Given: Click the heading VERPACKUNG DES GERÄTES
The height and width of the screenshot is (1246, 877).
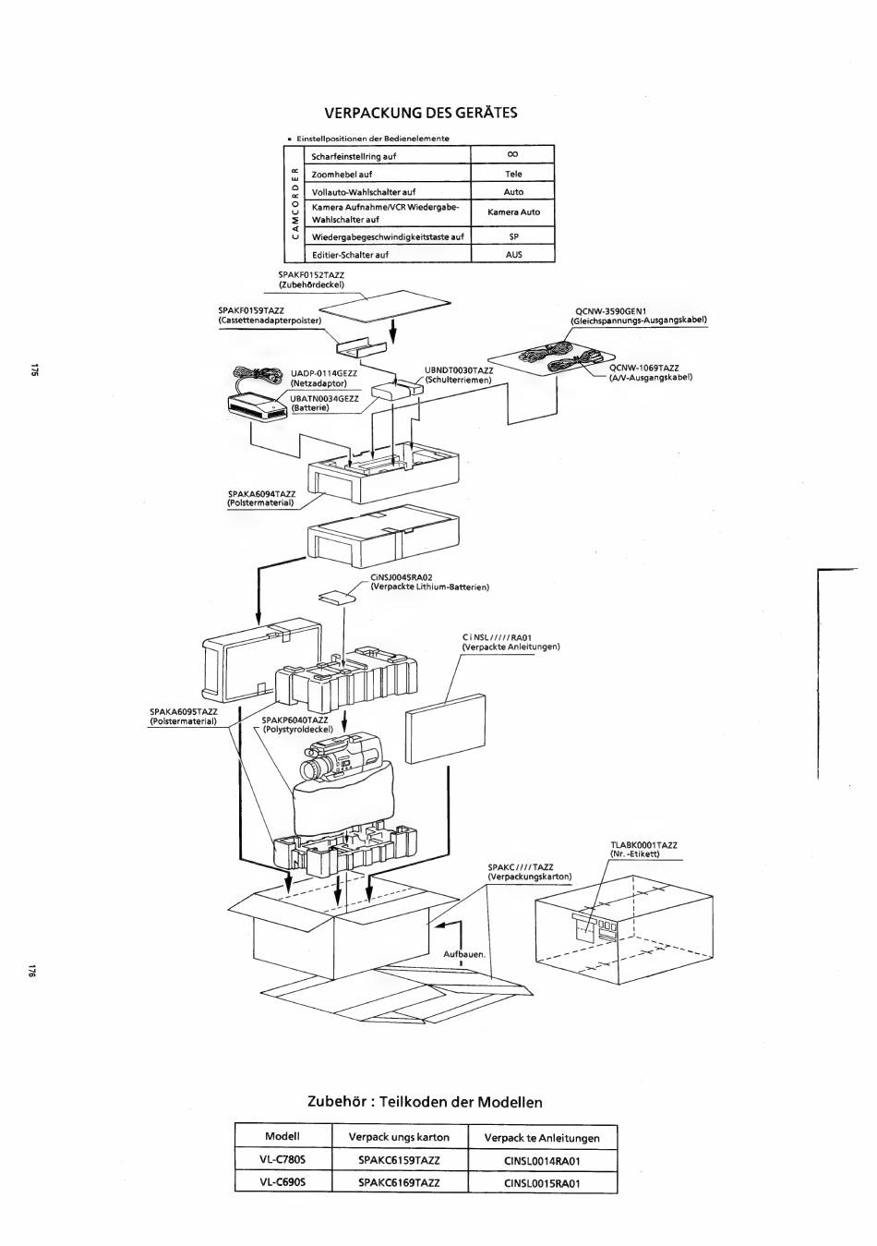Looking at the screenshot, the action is [421, 113].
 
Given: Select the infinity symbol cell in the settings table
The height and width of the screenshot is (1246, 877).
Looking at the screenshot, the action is [512, 154].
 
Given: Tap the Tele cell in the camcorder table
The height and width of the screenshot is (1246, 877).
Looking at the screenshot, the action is [512, 174].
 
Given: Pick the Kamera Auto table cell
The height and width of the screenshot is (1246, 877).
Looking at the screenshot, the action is [512, 212].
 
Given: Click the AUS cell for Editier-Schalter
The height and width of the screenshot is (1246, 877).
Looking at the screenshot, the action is [512, 254].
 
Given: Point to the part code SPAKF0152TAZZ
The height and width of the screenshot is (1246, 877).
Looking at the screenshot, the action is [311, 275].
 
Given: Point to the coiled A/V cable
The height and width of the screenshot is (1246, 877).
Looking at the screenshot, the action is [572, 365].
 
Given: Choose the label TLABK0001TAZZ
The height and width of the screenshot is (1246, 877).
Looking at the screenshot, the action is [643, 845].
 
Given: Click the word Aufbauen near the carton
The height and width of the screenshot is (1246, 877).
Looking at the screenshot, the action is [463, 954].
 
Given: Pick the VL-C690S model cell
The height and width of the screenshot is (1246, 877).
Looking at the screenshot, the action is [282, 1182].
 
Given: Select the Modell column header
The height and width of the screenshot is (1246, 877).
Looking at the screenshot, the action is [282, 1136].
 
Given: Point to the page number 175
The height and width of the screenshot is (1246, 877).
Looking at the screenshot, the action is [34, 369].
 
